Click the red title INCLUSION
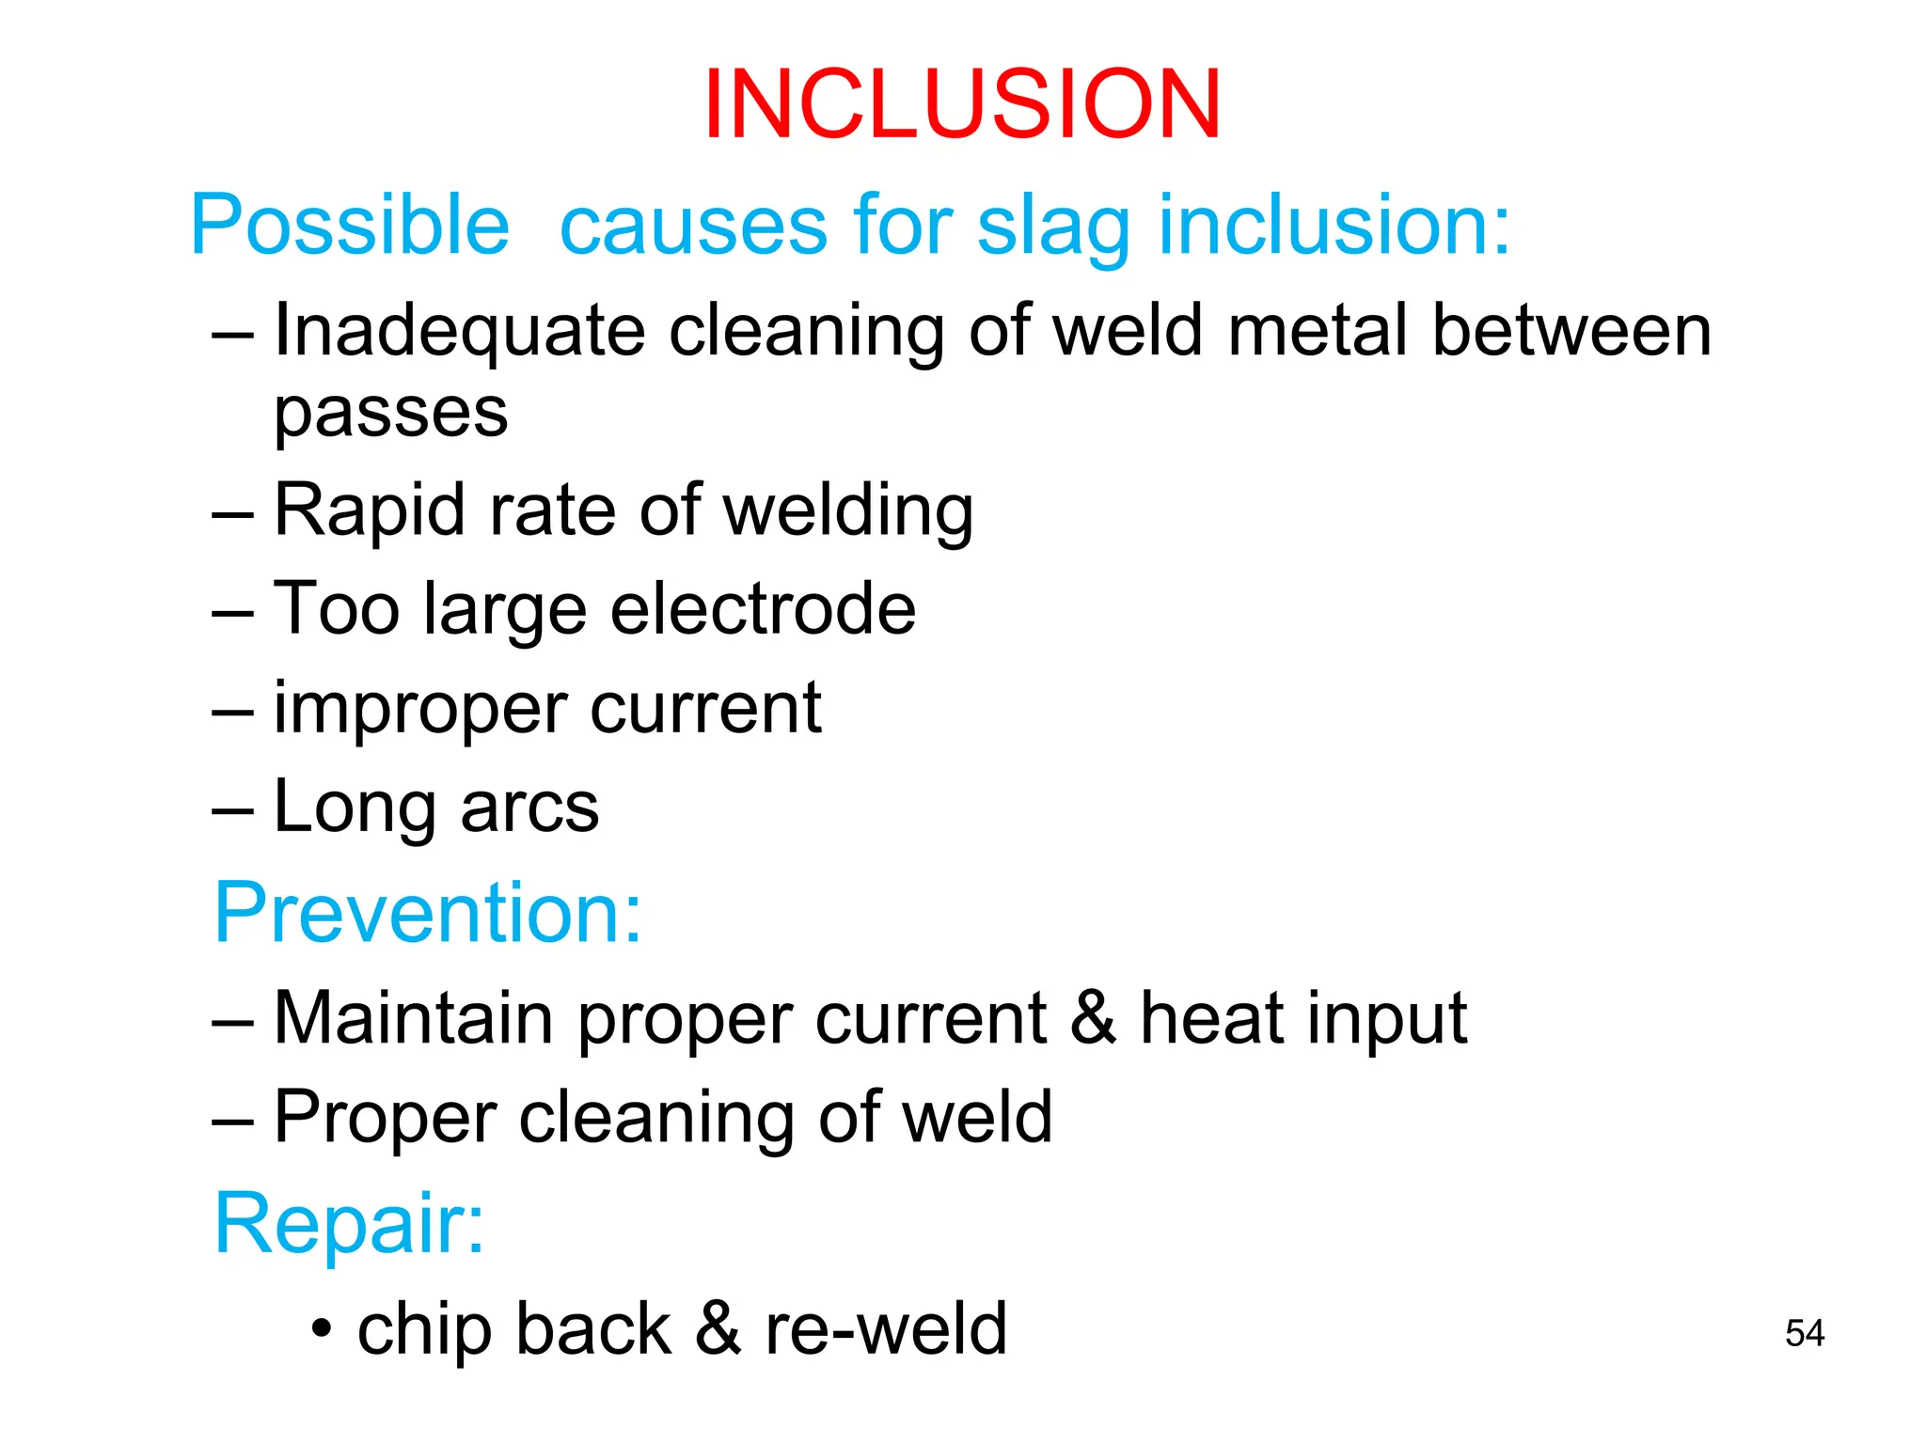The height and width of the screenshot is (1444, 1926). coord(961,104)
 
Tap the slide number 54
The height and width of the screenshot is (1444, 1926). coord(1804,1333)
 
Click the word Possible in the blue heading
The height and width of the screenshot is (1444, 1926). coord(350,226)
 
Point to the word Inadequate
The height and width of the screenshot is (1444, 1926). coord(459,331)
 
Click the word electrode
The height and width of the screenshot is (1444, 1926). coord(763,609)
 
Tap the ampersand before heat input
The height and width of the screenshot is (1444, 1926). coord(1093,1017)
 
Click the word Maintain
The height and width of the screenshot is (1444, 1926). coord(413,1017)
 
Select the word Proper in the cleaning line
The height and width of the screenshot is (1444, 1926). coord(384,1117)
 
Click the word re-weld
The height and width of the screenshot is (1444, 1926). coord(885,1328)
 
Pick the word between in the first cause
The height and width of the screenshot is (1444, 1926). coord(1571,331)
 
